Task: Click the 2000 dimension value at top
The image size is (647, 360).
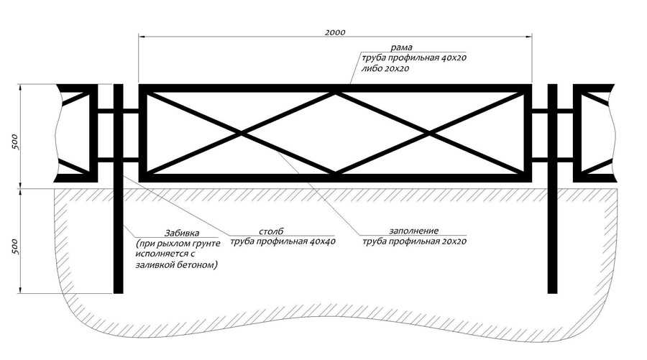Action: (335, 32)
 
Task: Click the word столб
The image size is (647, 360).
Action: (271, 231)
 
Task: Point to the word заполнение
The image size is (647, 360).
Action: (413, 231)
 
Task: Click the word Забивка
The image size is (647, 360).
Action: (182, 234)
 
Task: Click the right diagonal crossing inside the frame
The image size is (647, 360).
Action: (431, 133)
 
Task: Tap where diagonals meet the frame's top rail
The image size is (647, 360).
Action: (336, 91)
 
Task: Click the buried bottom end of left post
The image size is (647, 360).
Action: (119, 289)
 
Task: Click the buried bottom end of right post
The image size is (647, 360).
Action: (552, 289)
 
